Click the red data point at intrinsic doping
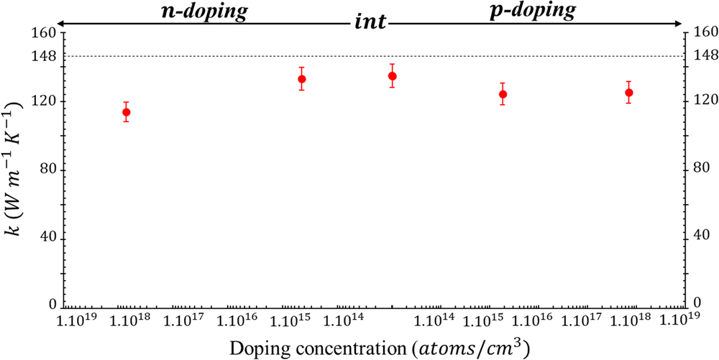tap(392, 76)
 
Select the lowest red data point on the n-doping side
tap(127, 112)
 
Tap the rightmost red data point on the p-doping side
tap(629, 93)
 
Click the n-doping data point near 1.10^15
tap(302, 79)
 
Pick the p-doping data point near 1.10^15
tap(503, 94)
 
